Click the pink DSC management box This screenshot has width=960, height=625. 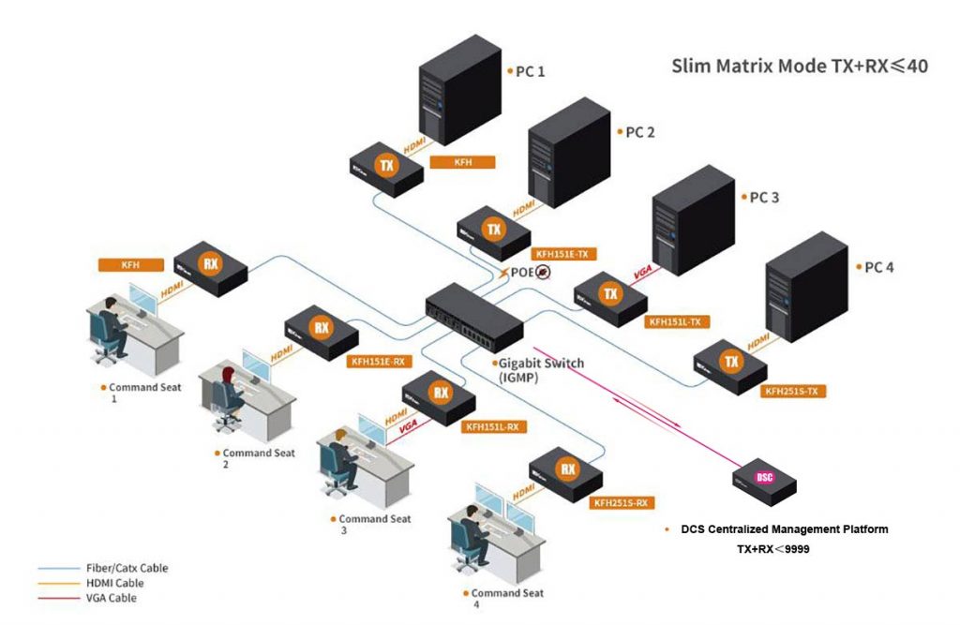point(764,479)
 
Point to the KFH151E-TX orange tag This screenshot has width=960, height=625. point(564,254)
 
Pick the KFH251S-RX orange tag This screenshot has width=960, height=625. point(621,503)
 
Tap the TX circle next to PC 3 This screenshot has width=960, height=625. point(611,294)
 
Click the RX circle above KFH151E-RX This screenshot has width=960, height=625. point(322,328)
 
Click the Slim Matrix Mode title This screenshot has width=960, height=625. point(800,67)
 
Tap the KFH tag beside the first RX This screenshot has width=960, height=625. point(130,265)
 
